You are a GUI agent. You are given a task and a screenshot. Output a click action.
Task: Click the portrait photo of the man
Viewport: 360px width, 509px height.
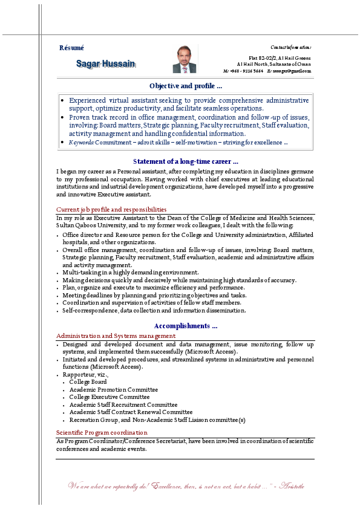tap(185, 59)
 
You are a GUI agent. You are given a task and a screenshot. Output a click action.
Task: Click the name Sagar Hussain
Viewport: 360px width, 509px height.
tap(106, 63)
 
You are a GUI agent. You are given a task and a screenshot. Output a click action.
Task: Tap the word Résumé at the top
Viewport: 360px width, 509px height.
tap(71, 48)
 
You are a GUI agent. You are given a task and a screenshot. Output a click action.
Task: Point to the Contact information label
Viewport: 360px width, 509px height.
tap(290, 47)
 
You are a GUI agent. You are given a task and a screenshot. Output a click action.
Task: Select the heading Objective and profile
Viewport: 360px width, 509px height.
tap(186, 86)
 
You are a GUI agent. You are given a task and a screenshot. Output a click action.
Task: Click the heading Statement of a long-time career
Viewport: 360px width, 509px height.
tap(186, 161)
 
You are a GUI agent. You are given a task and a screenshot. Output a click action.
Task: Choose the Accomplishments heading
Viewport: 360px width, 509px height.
tap(186, 326)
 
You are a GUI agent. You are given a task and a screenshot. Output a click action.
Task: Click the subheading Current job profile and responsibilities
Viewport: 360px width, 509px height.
tap(111, 210)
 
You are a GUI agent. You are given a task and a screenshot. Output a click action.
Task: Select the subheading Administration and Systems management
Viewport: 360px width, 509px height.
tap(116, 336)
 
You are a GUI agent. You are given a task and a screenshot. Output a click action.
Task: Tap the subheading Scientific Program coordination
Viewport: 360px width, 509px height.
tap(102, 432)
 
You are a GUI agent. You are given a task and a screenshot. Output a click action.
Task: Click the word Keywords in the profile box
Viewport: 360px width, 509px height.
tap(82, 143)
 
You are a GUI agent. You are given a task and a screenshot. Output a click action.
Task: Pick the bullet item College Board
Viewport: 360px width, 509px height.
tap(88, 382)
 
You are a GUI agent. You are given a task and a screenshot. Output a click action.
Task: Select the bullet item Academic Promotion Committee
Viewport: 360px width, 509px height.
tap(113, 390)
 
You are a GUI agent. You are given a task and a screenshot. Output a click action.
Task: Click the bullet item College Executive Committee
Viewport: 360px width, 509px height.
tap(109, 397)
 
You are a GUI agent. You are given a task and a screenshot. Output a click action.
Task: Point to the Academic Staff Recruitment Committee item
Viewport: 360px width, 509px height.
tap(123, 404)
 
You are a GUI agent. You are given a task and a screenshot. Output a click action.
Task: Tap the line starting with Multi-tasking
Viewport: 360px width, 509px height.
tap(130, 273)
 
